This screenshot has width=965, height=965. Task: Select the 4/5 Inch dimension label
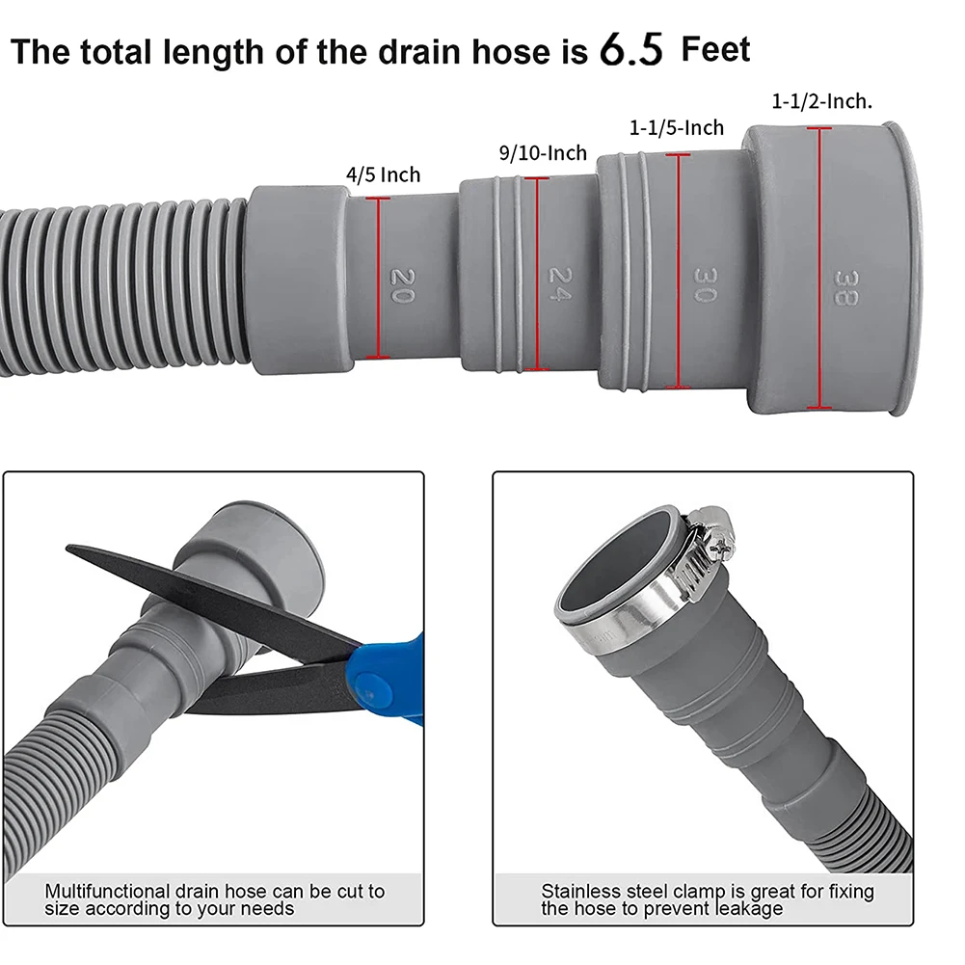(x=384, y=174)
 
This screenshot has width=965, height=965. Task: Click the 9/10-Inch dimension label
(x=543, y=152)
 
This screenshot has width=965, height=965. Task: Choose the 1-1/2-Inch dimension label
(x=822, y=101)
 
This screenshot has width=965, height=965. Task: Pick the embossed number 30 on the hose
(x=704, y=281)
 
